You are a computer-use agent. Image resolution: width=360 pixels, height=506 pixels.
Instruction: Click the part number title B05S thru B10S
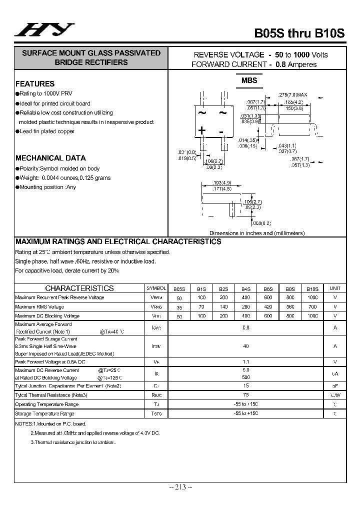299,33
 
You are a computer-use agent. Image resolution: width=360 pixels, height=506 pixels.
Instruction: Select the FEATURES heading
35,84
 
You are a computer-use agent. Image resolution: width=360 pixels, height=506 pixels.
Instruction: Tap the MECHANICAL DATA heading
50,158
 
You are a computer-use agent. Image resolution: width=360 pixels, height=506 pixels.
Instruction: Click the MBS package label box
249,80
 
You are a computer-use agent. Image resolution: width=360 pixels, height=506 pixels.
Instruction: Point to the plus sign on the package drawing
202,130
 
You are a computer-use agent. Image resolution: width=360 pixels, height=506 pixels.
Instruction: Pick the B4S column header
246,289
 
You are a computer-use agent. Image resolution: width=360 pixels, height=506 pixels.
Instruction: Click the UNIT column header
335,288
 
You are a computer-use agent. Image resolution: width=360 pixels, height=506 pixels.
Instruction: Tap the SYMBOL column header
156,288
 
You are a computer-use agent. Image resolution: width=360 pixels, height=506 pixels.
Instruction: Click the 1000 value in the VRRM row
312,297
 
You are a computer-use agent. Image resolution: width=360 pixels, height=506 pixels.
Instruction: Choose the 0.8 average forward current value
245,327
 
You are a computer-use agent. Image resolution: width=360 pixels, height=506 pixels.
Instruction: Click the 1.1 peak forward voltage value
245,361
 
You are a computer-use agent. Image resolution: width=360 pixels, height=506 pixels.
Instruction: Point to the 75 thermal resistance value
245,395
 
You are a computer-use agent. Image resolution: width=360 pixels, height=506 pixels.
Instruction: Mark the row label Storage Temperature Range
44,413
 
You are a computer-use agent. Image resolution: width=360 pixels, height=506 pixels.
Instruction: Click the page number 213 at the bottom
179,487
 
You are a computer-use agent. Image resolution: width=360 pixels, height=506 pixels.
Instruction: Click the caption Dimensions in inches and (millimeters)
257,233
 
